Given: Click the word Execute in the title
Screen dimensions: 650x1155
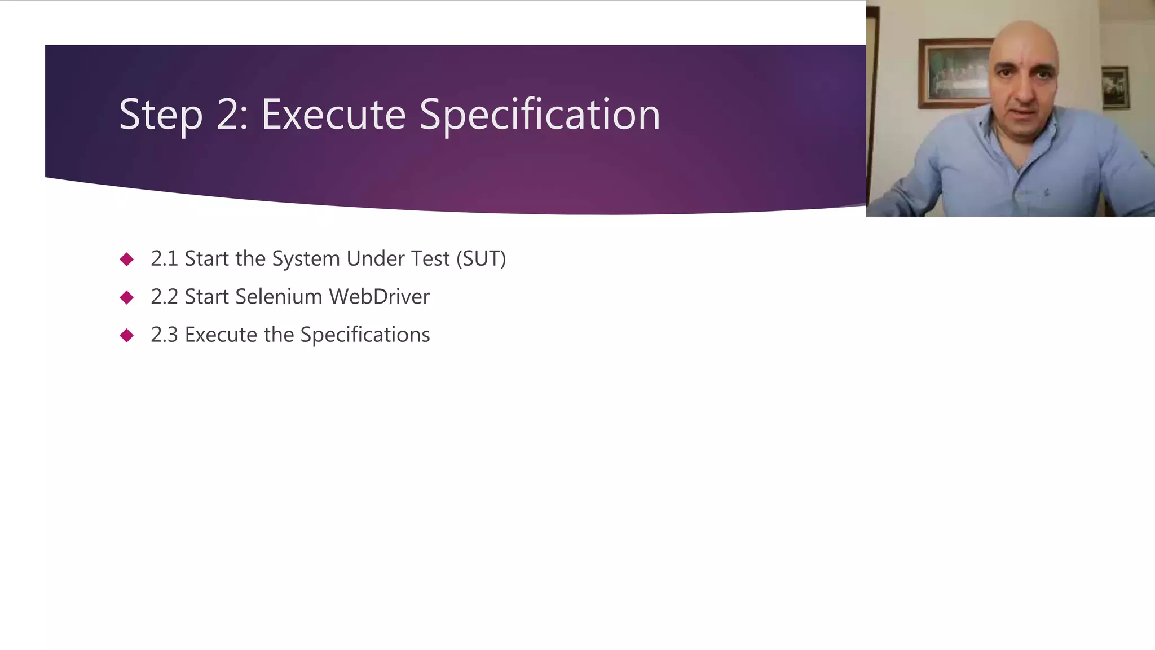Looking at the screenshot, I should click(x=333, y=115).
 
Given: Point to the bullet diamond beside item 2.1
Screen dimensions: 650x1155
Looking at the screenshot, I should click(x=127, y=259).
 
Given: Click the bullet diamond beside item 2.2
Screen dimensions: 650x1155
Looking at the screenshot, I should click(x=127, y=297).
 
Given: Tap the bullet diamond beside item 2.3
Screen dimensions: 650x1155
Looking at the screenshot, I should click(x=127, y=336).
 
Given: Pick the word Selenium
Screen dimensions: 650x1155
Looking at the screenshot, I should click(x=279, y=297).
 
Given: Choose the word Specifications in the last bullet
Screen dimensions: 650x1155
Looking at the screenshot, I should click(x=365, y=335).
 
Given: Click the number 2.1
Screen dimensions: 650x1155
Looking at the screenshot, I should click(x=164, y=258).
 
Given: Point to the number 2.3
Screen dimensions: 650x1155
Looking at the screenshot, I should click(x=164, y=335).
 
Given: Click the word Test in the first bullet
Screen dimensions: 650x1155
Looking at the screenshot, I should click(x=430, y=258).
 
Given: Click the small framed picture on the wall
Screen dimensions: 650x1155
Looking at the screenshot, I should click(x=1115, y=87).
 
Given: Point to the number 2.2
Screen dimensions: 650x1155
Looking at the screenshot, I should click(x=164, y=297).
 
